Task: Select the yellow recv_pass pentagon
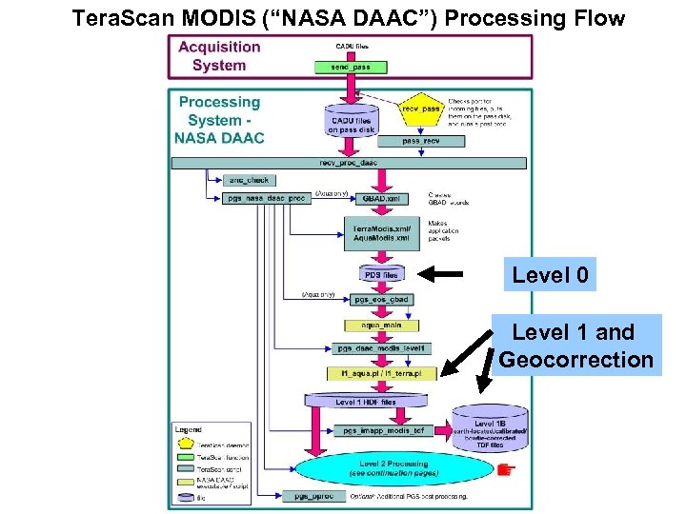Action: point(420,110)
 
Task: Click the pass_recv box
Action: point(419,141)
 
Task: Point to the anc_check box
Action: point(249,180)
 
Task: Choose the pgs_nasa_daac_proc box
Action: point(266,198)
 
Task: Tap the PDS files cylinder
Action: point(380,275)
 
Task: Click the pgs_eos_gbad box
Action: point(380,300)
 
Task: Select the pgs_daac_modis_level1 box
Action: point(380,348)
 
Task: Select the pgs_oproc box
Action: point(307,496)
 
